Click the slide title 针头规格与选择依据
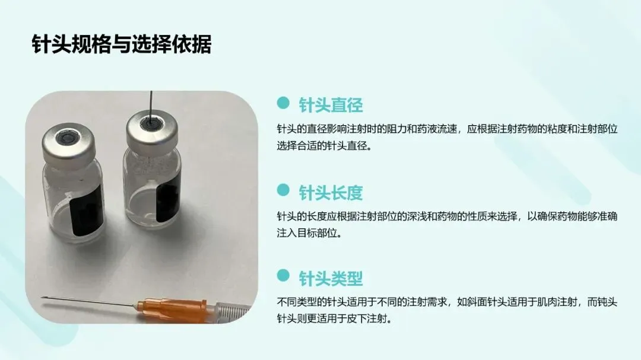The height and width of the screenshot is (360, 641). point(122,44)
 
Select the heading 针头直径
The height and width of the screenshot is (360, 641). point(331,105)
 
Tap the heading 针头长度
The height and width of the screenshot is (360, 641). point(331,193)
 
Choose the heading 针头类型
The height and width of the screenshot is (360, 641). point(331,278)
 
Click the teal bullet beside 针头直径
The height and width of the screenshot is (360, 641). point(283,103)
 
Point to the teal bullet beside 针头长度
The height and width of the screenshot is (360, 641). point(283,190)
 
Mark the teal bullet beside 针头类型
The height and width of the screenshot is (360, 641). point(283,275)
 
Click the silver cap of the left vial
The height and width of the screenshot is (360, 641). point(69,142)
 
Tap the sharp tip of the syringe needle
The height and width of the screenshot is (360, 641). point(42,298)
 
